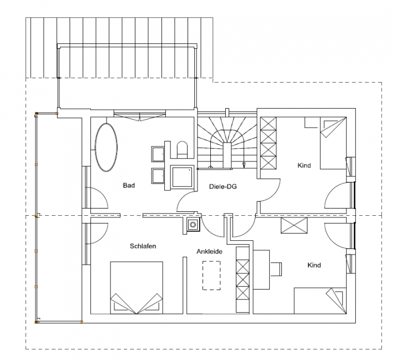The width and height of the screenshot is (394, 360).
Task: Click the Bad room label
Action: coord(129,185)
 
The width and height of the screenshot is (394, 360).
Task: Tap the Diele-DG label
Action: coord(223,186)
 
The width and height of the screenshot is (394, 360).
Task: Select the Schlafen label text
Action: coord(143,246)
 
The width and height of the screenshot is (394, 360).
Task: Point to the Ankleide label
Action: coord(209,251)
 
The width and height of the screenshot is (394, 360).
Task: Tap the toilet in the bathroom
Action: coord(182,149)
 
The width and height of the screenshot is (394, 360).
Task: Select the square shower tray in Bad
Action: coord(182,177)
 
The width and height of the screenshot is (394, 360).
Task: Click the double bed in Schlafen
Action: coord(137,288)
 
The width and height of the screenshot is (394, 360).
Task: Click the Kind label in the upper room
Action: coord(304,165)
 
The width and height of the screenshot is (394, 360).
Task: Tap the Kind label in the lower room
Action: coord(314,265)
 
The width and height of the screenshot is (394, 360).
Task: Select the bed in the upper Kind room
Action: coord(333,143)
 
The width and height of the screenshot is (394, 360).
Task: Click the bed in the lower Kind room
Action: coord(320,301)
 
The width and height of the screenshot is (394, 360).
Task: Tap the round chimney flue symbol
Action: coord(193,224)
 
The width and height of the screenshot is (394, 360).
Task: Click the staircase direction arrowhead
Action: coord(244,165)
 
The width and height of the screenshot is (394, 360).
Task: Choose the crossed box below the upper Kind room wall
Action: coord(294,225)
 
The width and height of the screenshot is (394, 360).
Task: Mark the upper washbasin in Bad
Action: coord(158,154)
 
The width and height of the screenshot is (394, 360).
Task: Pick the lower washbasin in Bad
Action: coord(158,176)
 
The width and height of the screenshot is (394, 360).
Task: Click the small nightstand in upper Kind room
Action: coord(312,123)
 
